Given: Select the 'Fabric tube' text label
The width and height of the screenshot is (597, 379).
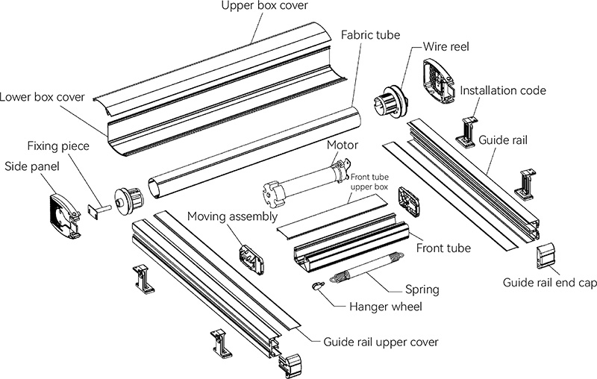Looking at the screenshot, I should coord(370,35).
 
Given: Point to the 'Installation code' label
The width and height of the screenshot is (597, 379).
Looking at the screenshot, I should coord(502,91).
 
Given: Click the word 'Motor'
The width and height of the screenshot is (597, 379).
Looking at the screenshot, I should coord(343,145).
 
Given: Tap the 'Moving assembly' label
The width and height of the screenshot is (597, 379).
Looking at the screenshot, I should coord(232,217).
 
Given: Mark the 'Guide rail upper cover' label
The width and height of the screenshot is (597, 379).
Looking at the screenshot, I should coord(381,342).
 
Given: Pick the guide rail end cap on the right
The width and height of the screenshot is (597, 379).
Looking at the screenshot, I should coord(546,256).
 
